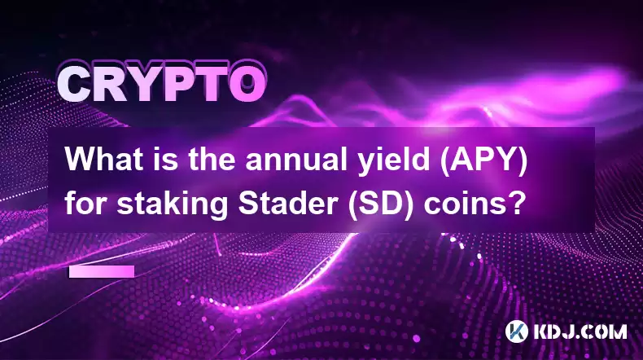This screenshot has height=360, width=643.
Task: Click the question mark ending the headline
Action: (513, 204)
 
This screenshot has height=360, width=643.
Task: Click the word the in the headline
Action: (212, 160)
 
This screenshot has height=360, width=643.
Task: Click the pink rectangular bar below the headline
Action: (102, 271)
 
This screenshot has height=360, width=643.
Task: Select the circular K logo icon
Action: (517, 331)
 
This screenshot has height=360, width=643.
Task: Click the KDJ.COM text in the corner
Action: (580, 331)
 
